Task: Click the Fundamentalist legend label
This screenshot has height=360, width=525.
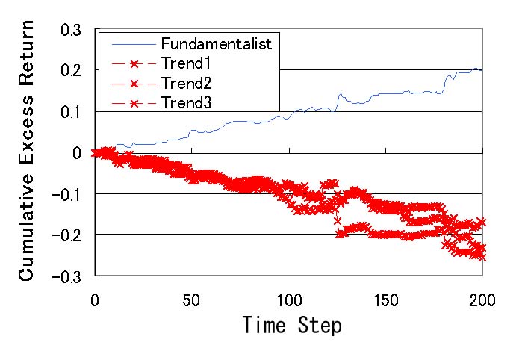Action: [x=217, y=44]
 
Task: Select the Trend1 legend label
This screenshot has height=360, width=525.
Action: [x=186, y=63]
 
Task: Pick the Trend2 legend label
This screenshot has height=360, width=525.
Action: [x=186, y=83]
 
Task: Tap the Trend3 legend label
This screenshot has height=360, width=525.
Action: [x=186, y=102]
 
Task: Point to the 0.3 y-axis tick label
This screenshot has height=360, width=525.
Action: [x=71, y=30]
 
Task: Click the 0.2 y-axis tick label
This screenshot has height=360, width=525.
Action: [x=71, y=71]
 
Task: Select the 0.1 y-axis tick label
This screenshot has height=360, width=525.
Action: [x=71, y=112]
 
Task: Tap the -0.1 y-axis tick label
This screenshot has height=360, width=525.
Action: [x=67, y=195]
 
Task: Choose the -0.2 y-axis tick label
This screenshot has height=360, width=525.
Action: [x=67, y=235]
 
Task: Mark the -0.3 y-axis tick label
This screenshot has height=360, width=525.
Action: [x=67, y=277]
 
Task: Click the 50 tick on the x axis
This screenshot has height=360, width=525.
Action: [x=191, y=300]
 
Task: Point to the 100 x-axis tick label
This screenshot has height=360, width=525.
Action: [x=290, y=300]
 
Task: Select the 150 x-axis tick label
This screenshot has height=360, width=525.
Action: [x=386, y=300]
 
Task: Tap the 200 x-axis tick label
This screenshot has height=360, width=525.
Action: [x=482, y=300]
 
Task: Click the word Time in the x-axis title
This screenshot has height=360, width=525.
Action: [x=264, y=324]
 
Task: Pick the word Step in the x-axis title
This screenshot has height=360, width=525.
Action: [x=320, y=325]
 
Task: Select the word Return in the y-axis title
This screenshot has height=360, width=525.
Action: [x=26, y=53]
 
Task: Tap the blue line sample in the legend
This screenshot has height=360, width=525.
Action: [x=134, y=44]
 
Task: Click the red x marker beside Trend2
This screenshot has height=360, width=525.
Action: [x=134, y=84]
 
